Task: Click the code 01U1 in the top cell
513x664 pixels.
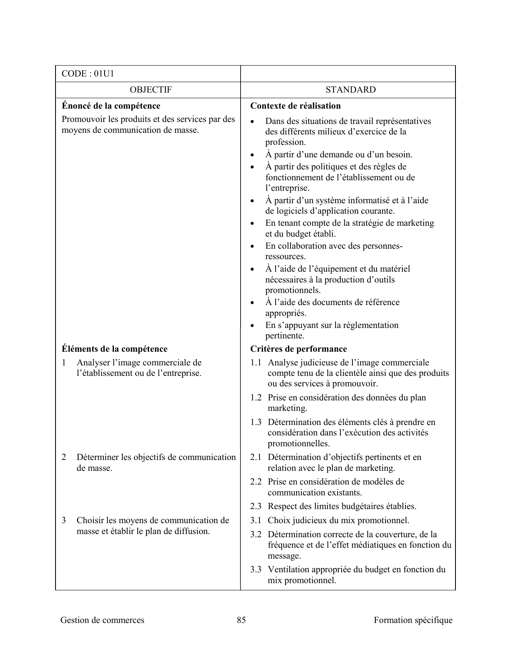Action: coord(104,74)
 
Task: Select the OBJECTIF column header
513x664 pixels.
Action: coord(151,90)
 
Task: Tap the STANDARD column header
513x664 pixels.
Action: coord(350,90)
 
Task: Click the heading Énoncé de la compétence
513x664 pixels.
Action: coord(111,106)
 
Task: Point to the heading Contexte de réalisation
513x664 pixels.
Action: coord(295,106)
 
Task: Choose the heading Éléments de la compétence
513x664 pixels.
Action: coord(114,349)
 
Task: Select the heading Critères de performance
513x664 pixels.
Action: coord(298,349)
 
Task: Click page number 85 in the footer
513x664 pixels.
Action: coord(241,620)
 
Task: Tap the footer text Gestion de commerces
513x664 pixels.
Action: coord(102,620)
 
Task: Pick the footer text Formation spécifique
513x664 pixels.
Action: coord(413,620)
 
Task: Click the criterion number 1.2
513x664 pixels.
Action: coord(255,398)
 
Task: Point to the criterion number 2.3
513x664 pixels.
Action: coord(255,506)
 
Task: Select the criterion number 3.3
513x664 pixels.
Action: coord(255,569)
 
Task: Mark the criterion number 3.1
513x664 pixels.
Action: coord(255,520)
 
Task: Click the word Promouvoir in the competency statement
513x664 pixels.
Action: coord(82,120)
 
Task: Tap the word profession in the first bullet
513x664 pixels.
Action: coord(285,142)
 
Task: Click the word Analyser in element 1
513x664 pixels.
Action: coord(93,363)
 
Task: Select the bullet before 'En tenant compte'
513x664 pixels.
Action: coord(252,223)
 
